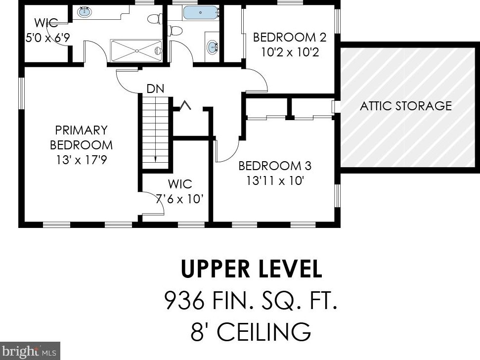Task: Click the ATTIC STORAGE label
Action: [406, 106]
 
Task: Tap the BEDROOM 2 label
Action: [290, 38]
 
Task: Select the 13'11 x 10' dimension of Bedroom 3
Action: [275, 180]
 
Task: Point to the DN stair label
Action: [156, 89]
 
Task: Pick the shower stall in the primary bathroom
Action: [136, 50]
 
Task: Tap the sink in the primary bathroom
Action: [85, 12]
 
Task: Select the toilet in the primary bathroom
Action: [155, 19]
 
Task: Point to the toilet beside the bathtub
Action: [175, 31]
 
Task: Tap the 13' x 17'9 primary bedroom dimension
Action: [82, 160]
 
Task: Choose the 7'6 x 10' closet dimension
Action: [180, 199]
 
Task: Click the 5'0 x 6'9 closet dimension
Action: [47, 38]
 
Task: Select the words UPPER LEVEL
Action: [251, 269]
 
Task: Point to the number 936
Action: [184, 300]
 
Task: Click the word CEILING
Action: [264, 331]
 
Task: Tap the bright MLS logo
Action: [30, 351]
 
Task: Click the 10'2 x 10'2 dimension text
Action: [290, 52]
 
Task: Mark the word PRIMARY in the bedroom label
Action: [82, 130]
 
